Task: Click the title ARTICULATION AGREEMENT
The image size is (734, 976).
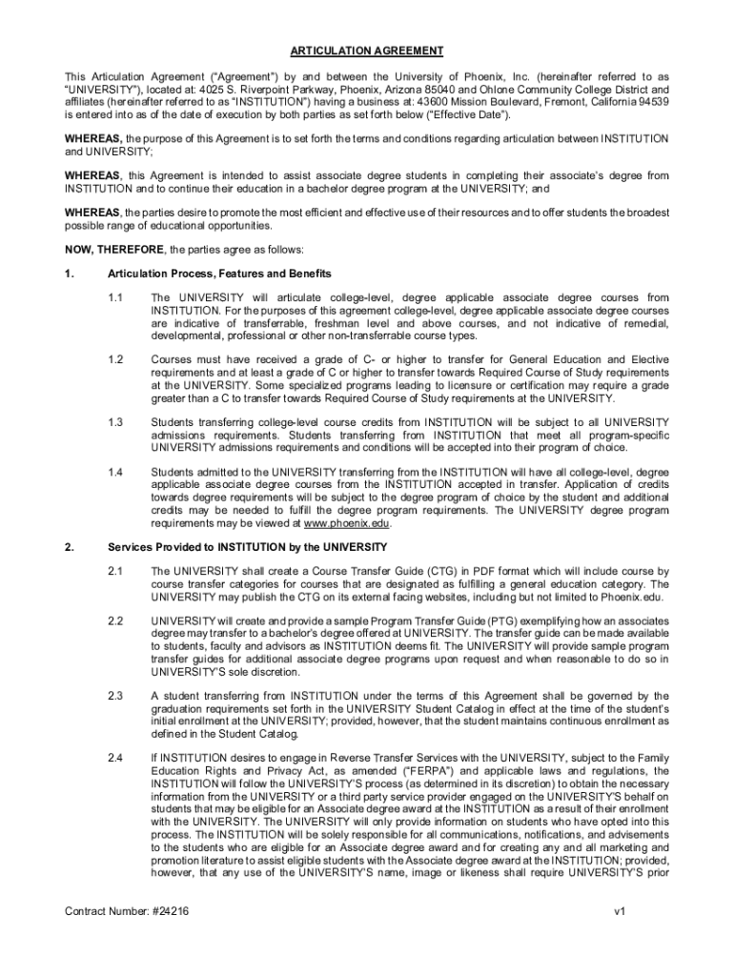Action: [x=367, y=51]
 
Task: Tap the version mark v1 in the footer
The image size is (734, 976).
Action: [x=620, y=911]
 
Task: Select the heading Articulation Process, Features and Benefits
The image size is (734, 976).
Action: [x=219, y=274]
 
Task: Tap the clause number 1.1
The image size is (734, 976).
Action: [x=115, y=298]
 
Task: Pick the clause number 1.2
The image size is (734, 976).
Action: [x=115, y=359]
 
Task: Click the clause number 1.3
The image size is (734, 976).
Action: [x=115, y=421]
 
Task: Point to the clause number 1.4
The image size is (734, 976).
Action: [x=115, y=472]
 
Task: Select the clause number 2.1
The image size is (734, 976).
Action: [x=115, y=572]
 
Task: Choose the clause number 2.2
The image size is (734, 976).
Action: [x=115, y=621]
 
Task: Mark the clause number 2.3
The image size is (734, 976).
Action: [x=115, y=696]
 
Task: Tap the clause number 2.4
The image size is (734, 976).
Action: [x=115, y=758]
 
